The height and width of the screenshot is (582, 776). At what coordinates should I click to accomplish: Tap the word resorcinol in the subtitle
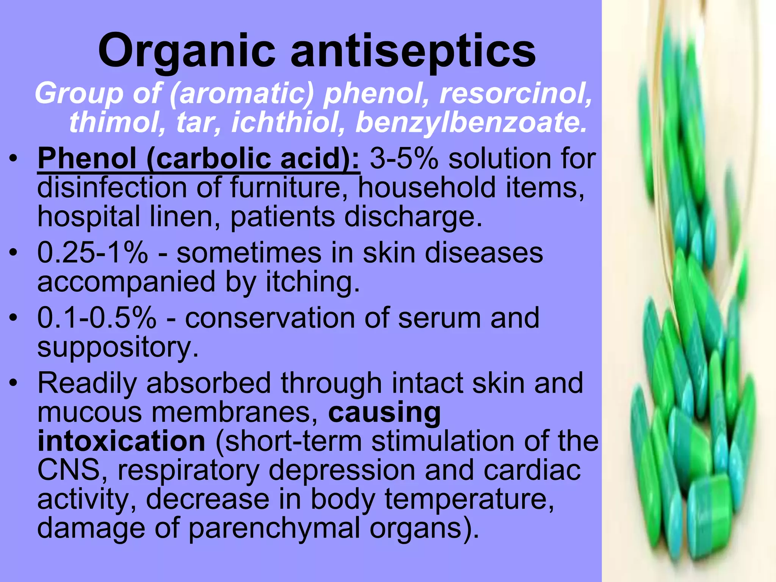515,94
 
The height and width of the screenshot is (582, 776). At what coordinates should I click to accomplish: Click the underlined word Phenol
87,158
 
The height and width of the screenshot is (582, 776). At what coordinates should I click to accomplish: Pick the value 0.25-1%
92,253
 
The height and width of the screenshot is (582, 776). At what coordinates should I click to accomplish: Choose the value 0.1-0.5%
97,318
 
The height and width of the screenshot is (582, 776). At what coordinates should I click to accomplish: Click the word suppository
117,347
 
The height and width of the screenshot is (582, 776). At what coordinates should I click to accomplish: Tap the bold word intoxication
121,441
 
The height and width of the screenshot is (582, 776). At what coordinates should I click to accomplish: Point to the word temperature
469,499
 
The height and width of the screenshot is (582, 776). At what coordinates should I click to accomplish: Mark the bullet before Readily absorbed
14,383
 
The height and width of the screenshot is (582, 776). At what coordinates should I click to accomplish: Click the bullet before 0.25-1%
14,253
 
